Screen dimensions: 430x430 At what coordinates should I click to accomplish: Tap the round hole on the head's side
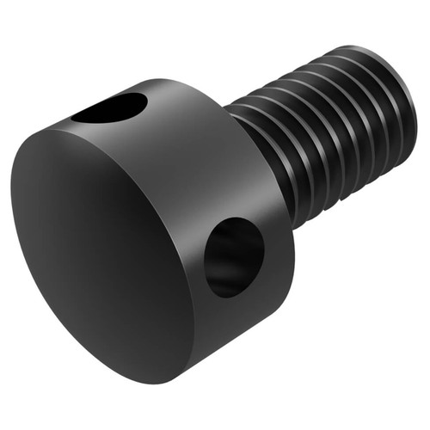235,256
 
